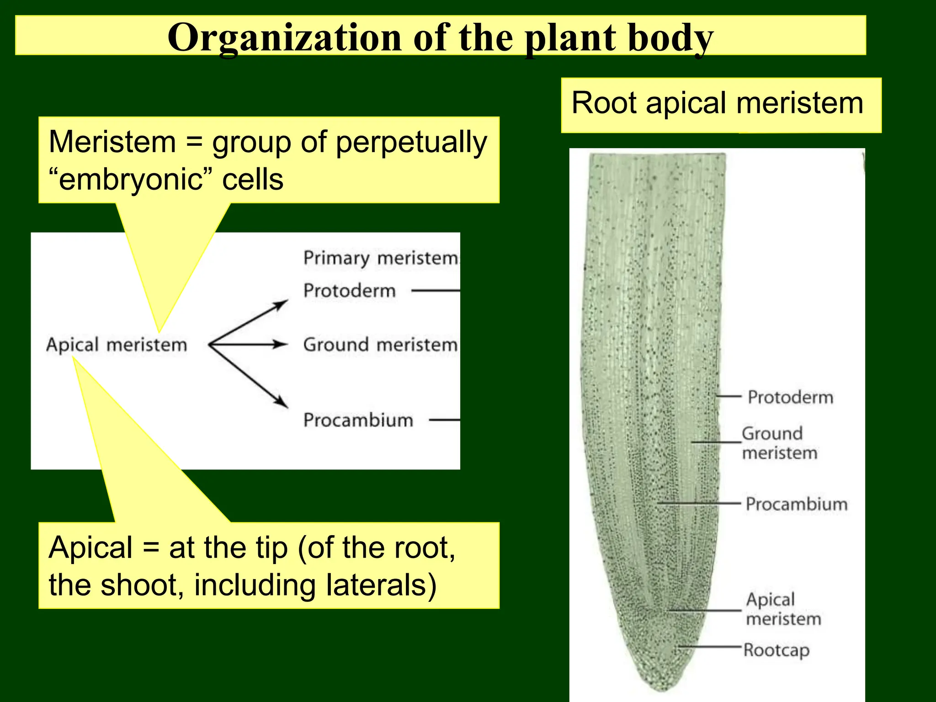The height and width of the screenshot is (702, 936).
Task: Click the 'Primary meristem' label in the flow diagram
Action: point(380,258)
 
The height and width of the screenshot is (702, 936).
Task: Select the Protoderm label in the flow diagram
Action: point(350,291)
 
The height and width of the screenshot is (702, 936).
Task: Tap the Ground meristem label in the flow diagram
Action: point(380,345)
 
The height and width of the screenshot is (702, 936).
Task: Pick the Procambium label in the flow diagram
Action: point(358,420)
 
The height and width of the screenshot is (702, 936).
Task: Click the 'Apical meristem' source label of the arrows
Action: point(117,345)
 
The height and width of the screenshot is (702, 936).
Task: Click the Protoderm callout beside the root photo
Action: point(790,397)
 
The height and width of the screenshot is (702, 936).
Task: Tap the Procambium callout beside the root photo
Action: point(797,504)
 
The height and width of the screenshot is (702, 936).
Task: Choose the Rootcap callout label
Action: point(776,650)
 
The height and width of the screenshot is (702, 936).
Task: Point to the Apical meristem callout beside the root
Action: point(783,609)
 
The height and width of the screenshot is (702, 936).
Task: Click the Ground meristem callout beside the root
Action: point(779,443)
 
